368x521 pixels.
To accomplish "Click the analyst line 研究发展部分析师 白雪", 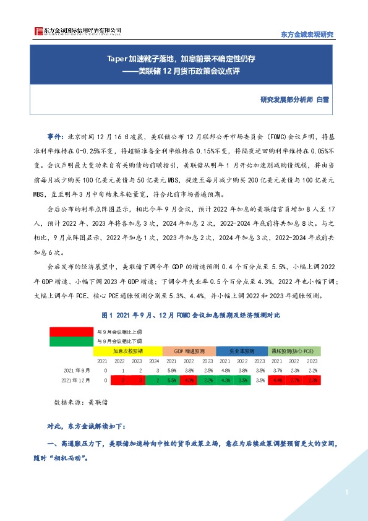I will click(x=296, y=99).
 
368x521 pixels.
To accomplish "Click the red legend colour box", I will click(x=71, y=331).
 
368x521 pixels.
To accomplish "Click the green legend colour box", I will click(x=71, y=341).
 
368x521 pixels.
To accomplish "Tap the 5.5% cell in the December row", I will click(x=171, y=380).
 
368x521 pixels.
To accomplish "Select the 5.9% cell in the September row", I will click(x=171, y=369).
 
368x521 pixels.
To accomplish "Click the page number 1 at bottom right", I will click(x=347, y=493).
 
